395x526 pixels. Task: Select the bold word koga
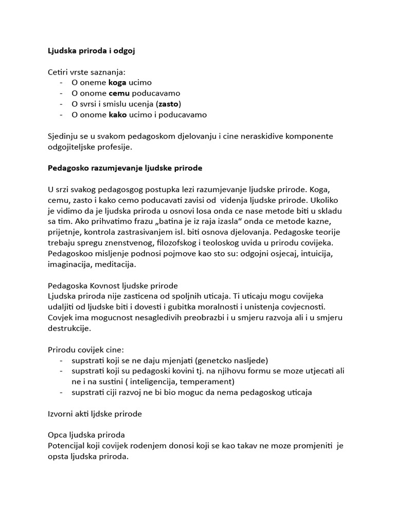pos(117,82)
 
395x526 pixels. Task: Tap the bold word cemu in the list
pos(119,93)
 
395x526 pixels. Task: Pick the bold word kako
pos(118,115)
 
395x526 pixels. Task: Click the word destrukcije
pos(69,328)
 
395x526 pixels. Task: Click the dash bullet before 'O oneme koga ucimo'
pos(62,82)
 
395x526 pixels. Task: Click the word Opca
pos(58,435)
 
